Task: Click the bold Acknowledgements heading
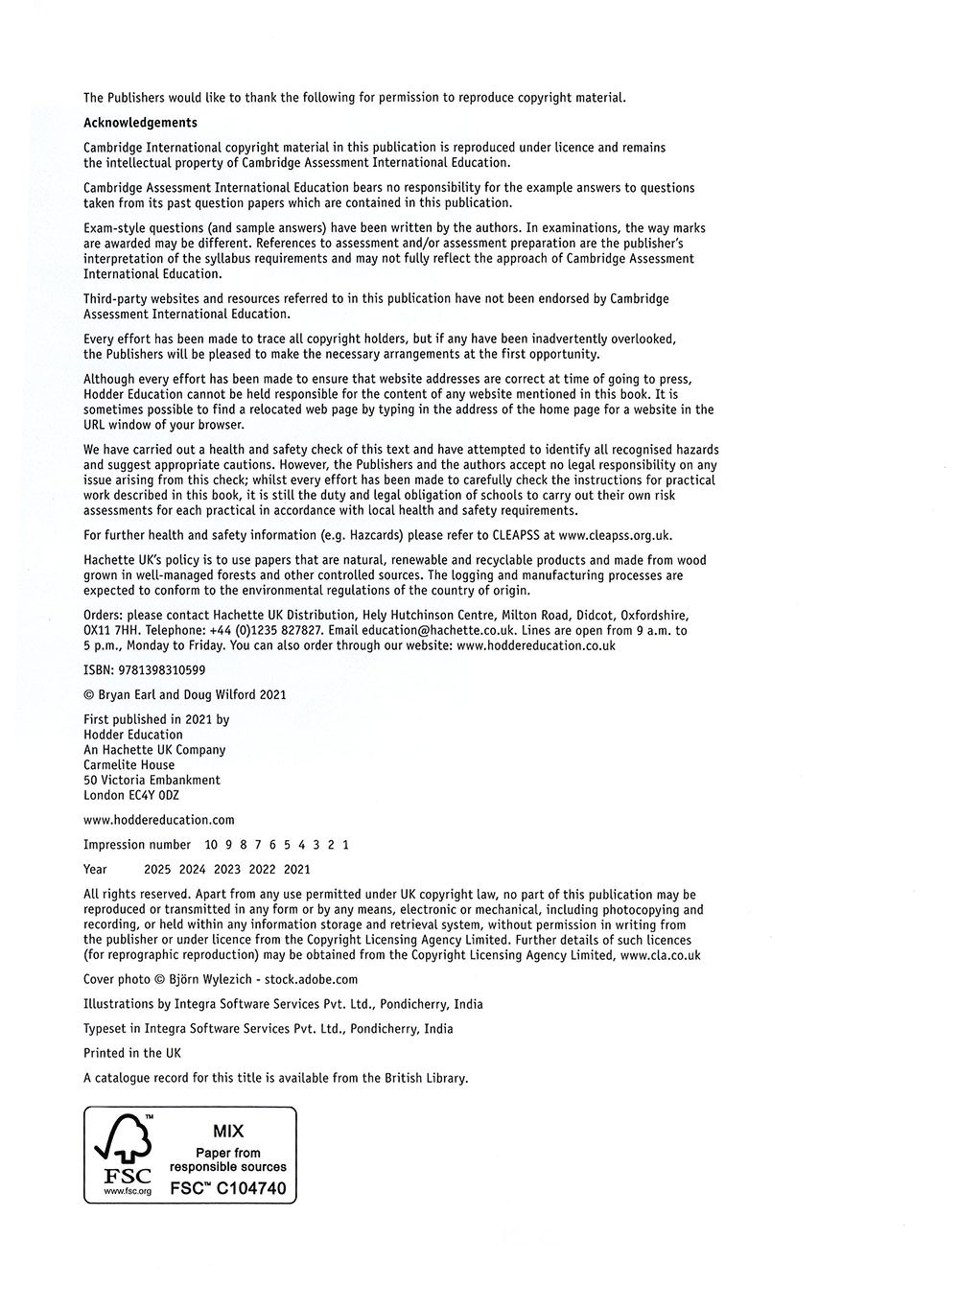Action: [140, 123]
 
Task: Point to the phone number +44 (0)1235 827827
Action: [267, 631]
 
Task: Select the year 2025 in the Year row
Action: [157, 870]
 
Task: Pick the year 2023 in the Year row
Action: [227, 870]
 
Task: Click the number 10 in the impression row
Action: [211, 845]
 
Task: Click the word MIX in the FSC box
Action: [228, 1132]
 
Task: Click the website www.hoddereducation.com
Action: [158, 820]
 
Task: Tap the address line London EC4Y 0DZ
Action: [131, 795]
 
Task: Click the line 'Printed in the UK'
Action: [132, 1053]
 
